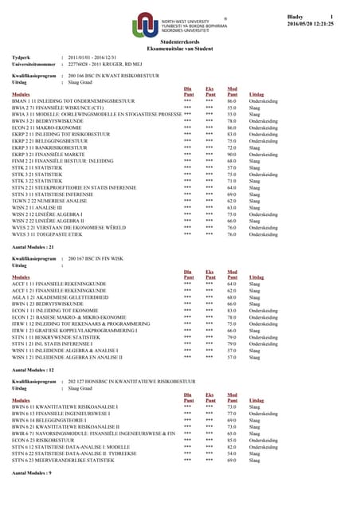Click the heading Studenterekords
pyautogui.click(x=180, y=41)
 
